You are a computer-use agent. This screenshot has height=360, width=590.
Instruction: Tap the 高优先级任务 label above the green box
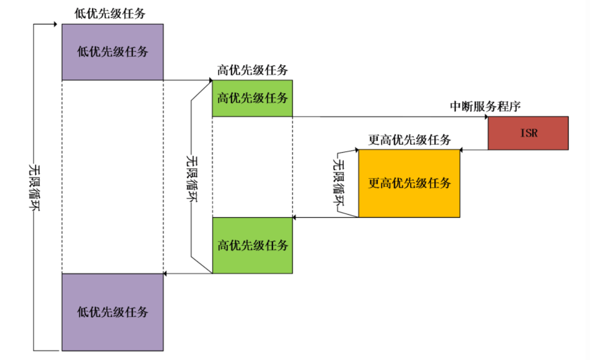tap(252, 70)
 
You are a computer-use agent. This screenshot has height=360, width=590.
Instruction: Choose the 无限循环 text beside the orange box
tap(339, 183)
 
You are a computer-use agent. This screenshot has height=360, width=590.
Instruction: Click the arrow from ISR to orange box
tap(473, 149)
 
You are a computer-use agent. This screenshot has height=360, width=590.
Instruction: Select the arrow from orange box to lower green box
tap(326, 217)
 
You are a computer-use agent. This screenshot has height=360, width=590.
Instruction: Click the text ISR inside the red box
tap(528, 133)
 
